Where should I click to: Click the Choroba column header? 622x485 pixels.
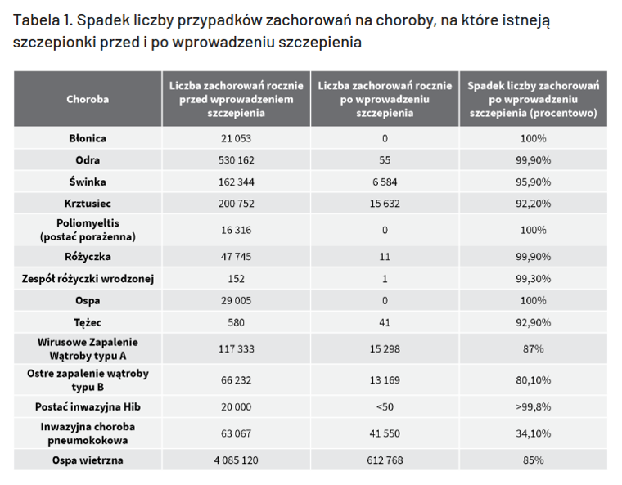click(88, 99)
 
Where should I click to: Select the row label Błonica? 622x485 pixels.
click(88, 139)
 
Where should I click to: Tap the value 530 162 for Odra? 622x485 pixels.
click(237, 160)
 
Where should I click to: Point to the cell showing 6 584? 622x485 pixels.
click(385, 182)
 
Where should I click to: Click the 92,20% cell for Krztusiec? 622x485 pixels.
click(533, 203)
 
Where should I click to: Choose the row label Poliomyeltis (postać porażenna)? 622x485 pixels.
click(88, 230)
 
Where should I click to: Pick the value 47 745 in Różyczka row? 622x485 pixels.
click(237, 257)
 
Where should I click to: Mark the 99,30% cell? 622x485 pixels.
click(533, 279)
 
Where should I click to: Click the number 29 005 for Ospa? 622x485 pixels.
click(237, 300)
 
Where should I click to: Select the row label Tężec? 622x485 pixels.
click(88, 321)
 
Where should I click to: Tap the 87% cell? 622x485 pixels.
click(533, 348)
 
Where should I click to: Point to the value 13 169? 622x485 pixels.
click(385, 379)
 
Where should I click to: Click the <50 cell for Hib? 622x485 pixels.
click(385, 406)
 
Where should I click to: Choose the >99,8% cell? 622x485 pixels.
click(533, 406)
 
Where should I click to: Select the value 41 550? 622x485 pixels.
click(385, 433)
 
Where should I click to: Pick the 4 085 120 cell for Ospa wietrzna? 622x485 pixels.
click(237, 460)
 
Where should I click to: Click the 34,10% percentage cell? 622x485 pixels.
click(533, 433)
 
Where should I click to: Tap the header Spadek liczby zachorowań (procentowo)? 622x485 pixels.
click(533, 99)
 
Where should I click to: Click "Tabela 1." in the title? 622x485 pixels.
click(42, 20)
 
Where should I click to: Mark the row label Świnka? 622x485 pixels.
click(88, 182)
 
